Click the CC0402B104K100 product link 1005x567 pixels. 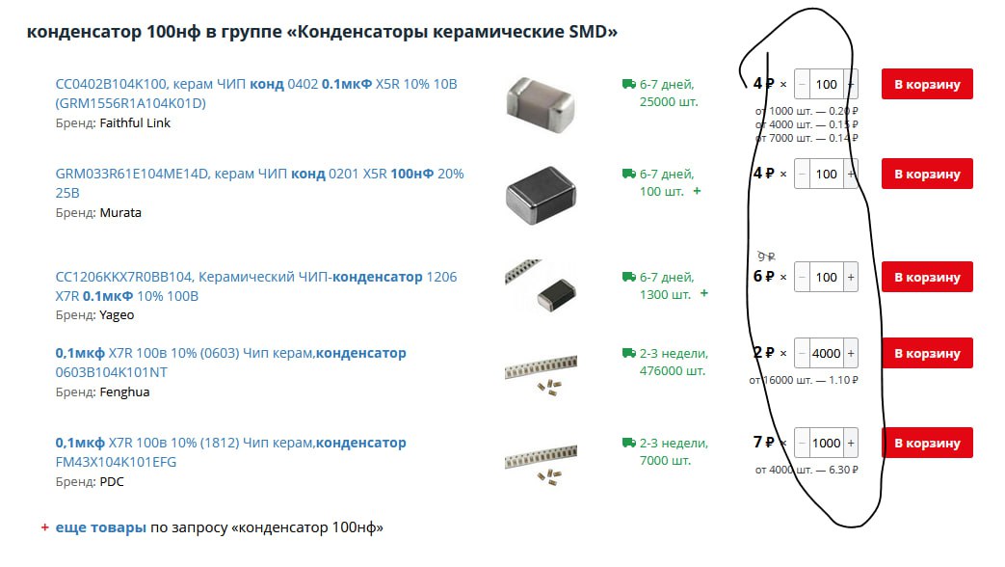pyautogui.click(x=256, y=94)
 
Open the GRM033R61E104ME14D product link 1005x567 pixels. pyautogui.click(x=259, y=183)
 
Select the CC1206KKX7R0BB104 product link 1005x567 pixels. pyautogui.click(x=256, y=286)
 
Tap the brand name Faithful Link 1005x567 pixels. pyautogui.click(x=135, y=123)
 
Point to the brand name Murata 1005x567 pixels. pyautogui.click(x=120, y=213)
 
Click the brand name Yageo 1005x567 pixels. pyautogui.click(x=117, y=315)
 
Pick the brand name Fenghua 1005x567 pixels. pyautogui.click(x=124, y=391)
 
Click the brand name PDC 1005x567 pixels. pyautogui.click(x=112, y=482)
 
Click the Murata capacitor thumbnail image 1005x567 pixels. pyautogui.click(x=541, y=195)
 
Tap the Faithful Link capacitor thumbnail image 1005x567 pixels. pyautogui.click(x=541, y=105)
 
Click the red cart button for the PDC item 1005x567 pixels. pyautogui.click(x=927, y=443)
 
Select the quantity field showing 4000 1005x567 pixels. pyautogui.click(x=826, y=354)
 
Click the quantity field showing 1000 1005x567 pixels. pyautogui.click(x=826, y=444)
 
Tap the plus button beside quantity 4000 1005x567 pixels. pyautogui.click(x=851, y=354)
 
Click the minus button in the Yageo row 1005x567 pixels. pyautogui.click(x=802, y=277)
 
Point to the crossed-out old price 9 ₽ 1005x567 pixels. pyautogui.click(x=766, y=256)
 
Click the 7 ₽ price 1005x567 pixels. pyautogui.click(x=763, y=442)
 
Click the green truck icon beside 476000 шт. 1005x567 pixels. pyautogui.click(x=629, y=353)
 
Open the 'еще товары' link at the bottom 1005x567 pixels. pyautogui.click(x=100, y=527)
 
